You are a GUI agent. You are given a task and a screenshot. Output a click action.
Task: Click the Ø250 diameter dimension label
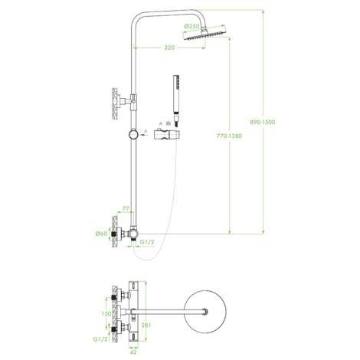pos(191,26)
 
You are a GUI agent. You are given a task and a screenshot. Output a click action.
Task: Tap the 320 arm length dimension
pos(169,47)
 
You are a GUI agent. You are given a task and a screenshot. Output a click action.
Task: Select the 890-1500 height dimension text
pos(263,122)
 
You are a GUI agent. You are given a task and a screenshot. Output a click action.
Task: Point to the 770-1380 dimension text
pos(229,136)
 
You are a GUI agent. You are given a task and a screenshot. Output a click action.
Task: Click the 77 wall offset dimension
pos(126,208)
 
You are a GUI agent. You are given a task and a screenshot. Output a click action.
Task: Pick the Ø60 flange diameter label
pos(101,234)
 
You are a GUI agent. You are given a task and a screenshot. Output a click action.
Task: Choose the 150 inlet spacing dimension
pos(106,313)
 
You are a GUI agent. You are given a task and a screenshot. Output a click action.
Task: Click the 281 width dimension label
pos(146,325)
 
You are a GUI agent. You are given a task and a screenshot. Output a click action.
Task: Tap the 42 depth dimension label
pos(133,352)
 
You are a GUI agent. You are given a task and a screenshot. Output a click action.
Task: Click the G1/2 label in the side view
pos(147,242)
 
